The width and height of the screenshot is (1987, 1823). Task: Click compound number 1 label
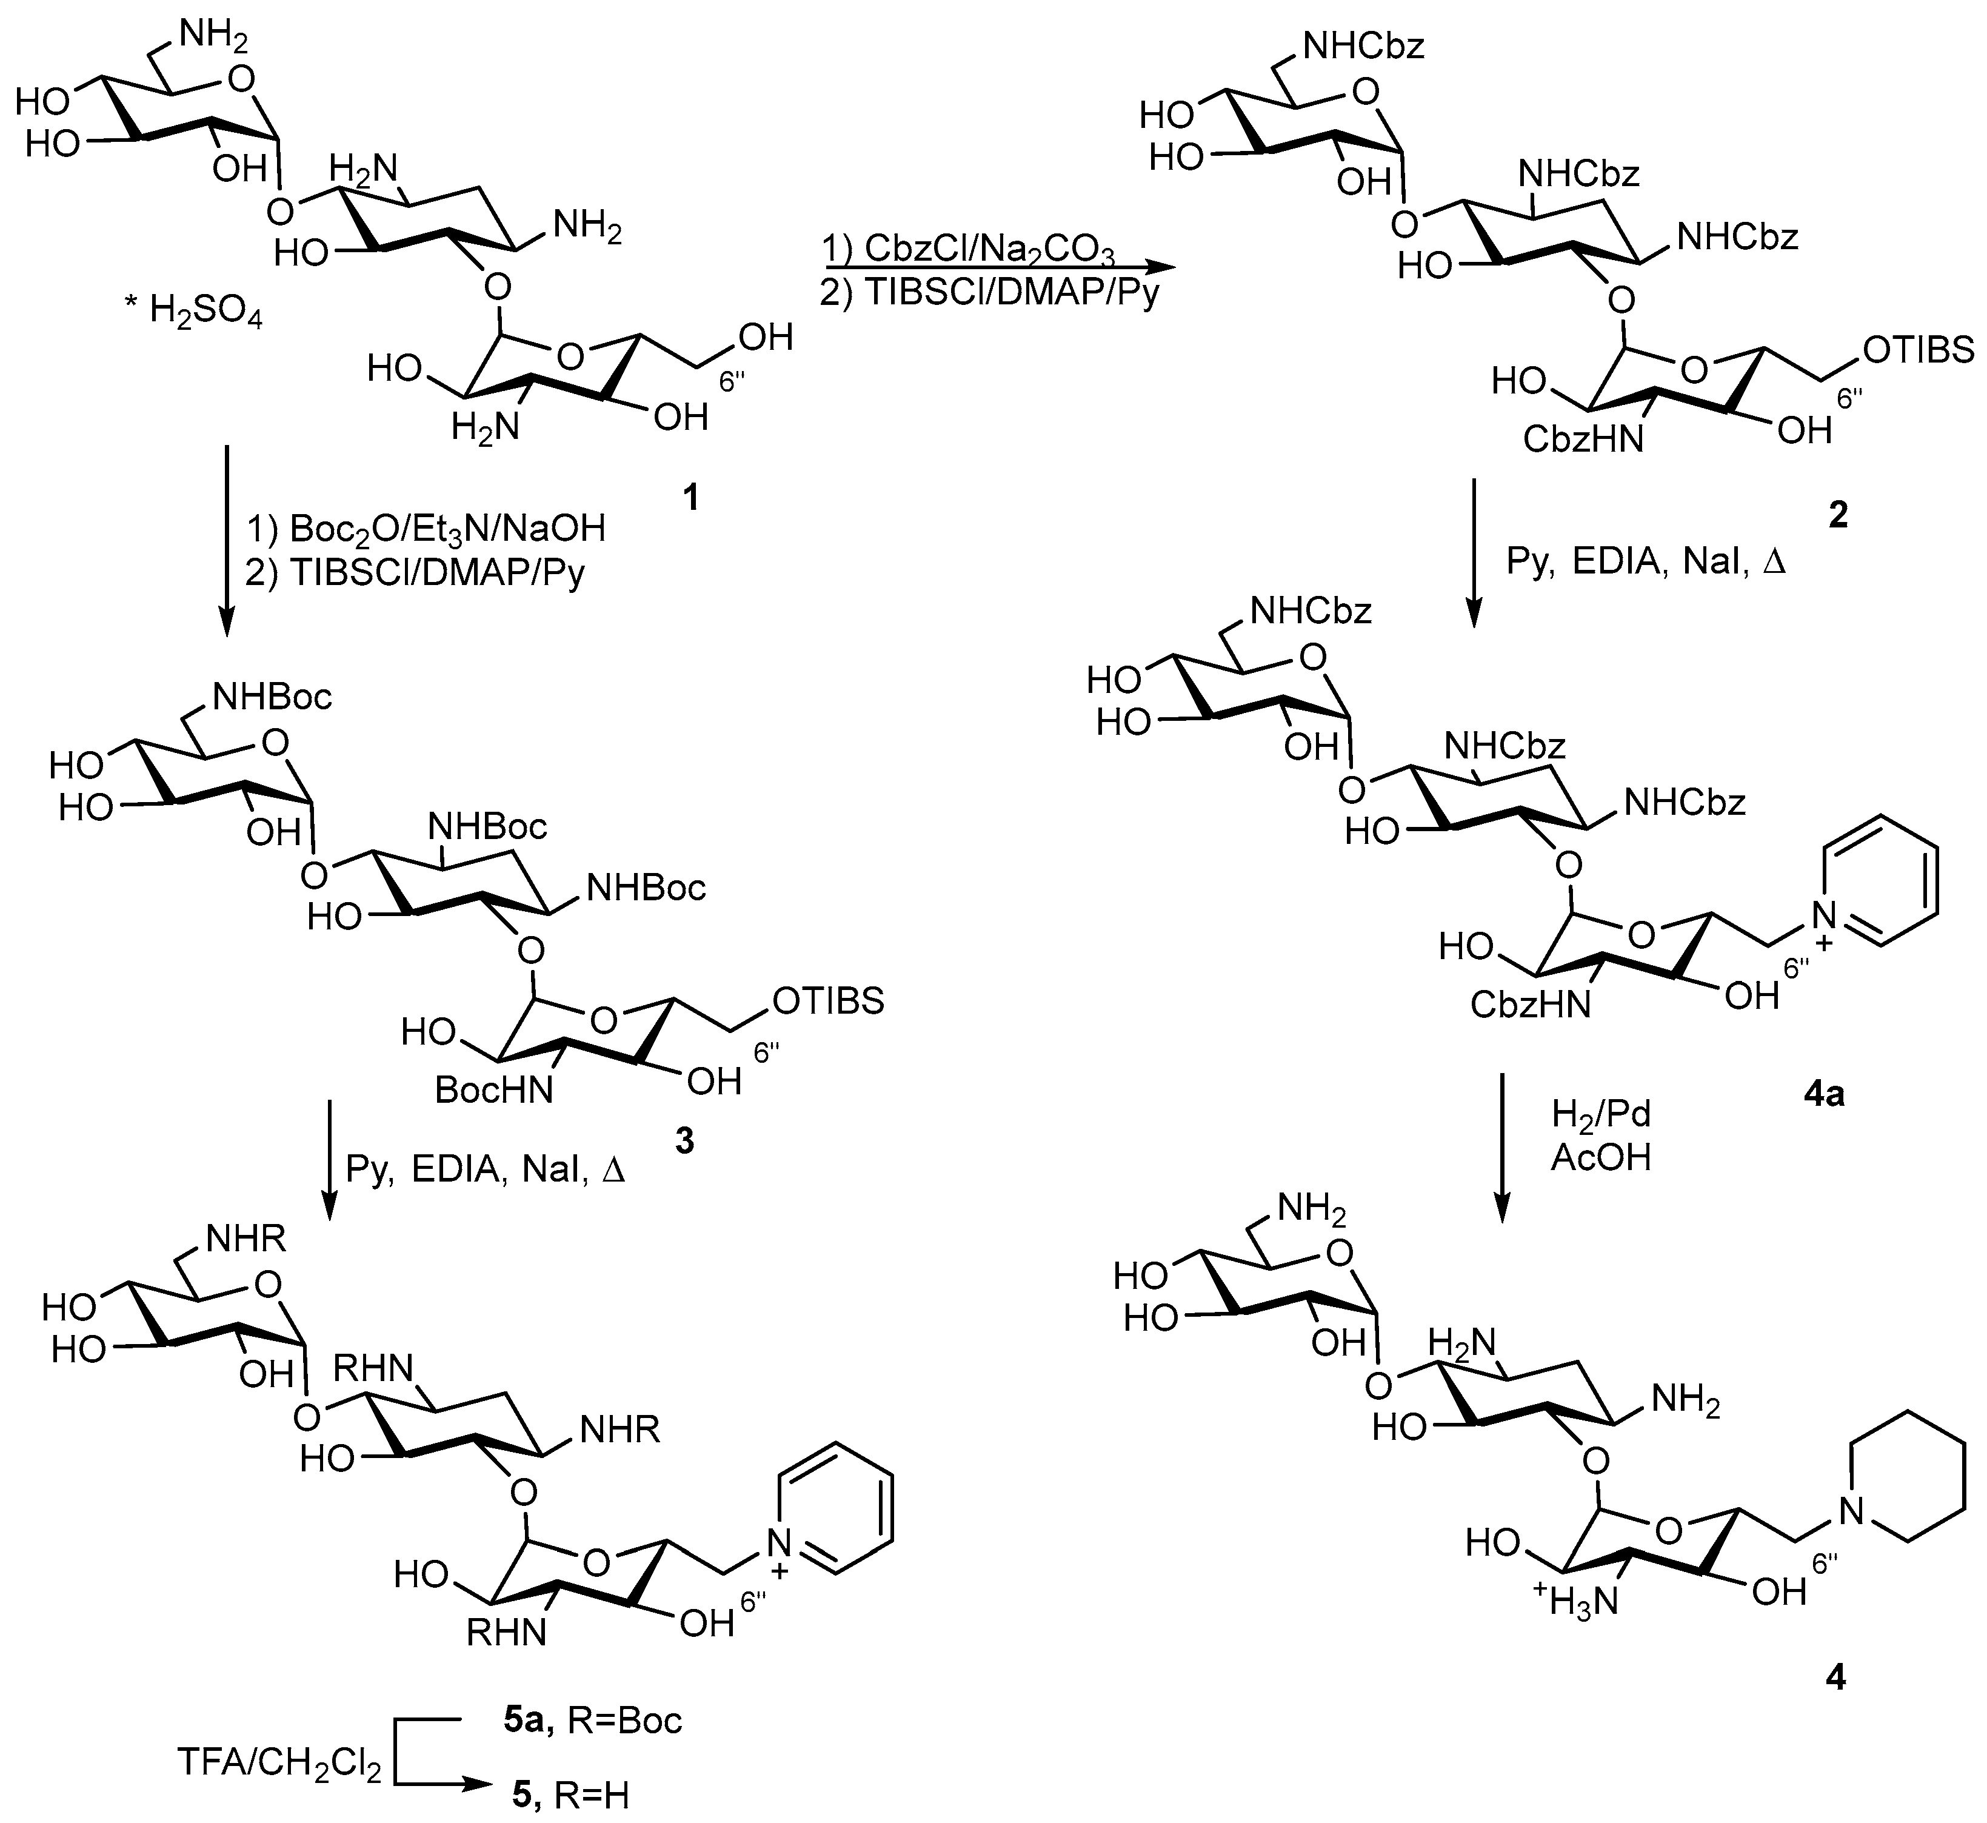pos(691,498)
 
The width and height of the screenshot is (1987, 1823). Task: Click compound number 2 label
pos(1837,514)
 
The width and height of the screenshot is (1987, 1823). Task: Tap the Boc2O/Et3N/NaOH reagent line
pos(425,530)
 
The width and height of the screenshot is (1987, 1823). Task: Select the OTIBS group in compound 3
pos(829,1002)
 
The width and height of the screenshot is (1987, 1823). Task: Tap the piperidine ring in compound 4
pos(1910,1476)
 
